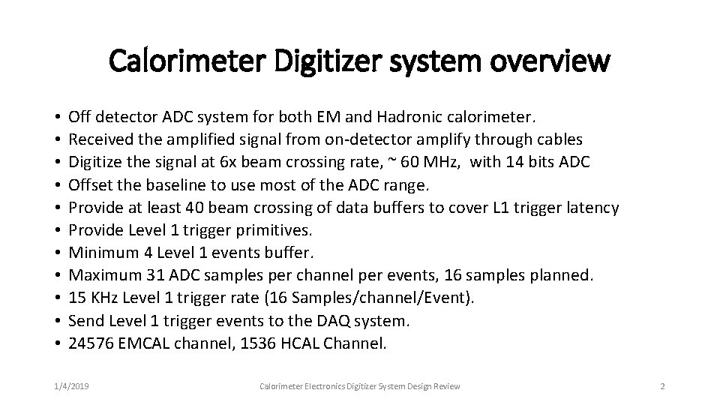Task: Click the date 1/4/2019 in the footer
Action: tap(71, 386)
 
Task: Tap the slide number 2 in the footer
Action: tap(662, 386)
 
